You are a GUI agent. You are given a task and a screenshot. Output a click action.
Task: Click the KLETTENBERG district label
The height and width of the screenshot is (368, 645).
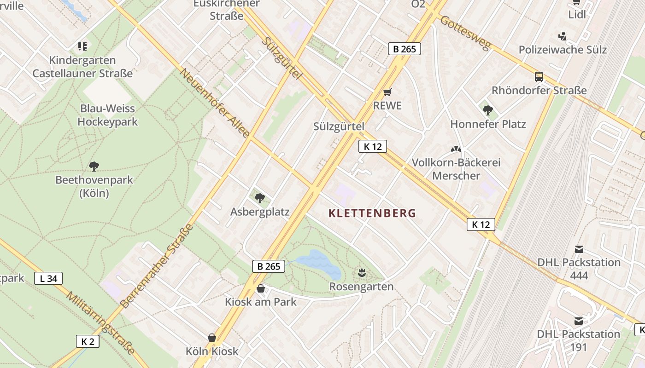click(x=372, y=213)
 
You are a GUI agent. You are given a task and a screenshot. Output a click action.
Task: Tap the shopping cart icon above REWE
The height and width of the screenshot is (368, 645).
click(x=387, y=92)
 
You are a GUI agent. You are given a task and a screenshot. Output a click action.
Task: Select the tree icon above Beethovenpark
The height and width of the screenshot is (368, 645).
click(x=94, y=166)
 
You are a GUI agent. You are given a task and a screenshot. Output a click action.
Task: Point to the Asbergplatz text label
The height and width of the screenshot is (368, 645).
click(x=260, y=212)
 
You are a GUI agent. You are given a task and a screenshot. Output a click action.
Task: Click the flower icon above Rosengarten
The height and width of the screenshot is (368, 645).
click(x=362, y=273)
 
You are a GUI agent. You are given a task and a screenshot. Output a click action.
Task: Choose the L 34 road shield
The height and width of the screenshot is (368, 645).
click(x=48, y=278)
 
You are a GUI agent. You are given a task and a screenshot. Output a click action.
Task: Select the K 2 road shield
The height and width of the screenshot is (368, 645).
click(x=88, y=341)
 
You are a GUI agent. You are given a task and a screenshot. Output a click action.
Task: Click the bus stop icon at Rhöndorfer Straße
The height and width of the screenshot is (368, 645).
click(x=539, y=77)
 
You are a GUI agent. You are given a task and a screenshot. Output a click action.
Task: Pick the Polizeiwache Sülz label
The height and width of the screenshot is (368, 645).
click(x=563, y=50)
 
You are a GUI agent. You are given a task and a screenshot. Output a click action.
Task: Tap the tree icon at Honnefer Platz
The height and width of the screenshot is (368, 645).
click(x=488, y=110)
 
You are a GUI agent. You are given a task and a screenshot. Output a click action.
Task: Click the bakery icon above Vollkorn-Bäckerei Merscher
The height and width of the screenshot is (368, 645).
click(x=456, y=149)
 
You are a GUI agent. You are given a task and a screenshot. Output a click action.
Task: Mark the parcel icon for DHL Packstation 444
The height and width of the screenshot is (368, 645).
click(x=579, y=249)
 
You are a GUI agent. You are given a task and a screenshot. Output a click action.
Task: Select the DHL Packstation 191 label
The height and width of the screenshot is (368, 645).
click(x=579, y=340)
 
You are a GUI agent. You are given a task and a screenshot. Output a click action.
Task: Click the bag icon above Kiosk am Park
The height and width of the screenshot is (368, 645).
click(x=261, y=288)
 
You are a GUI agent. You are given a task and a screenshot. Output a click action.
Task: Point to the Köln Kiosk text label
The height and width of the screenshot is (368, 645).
click(x=212, y=351)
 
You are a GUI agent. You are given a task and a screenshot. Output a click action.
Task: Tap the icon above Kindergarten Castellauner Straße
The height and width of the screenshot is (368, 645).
click(x=82, y=46)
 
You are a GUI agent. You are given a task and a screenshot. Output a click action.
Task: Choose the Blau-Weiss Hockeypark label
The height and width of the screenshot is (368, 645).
click(x=107, y=115)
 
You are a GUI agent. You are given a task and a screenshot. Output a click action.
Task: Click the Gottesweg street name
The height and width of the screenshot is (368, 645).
click(x=466, y=33)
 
